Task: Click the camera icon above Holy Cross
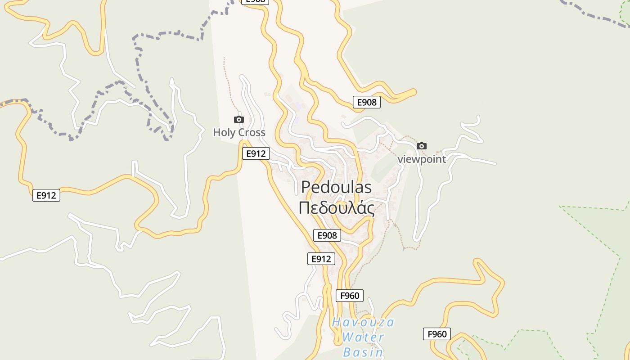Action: [239, 119]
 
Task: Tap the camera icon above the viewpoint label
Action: [422, 146]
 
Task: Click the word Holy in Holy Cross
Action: [224, 133]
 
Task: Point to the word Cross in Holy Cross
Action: [251, 133]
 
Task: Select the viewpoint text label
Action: [422, 159]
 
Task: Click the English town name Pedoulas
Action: [337, 187]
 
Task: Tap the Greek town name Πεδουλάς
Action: [337, 208]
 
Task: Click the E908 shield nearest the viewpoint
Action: [366, 102]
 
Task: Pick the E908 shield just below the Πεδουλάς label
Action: [327, 235]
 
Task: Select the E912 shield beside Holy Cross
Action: [256, 153]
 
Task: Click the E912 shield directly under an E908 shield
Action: [321, 259]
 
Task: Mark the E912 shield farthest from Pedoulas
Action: [46, 195]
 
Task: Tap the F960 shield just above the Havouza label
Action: [350, 296]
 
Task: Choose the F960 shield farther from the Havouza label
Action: [437, 334]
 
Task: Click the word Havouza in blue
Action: [363, 322]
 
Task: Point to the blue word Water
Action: [363, 337]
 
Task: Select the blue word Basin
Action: [363, 352]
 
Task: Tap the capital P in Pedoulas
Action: [306, 187]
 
